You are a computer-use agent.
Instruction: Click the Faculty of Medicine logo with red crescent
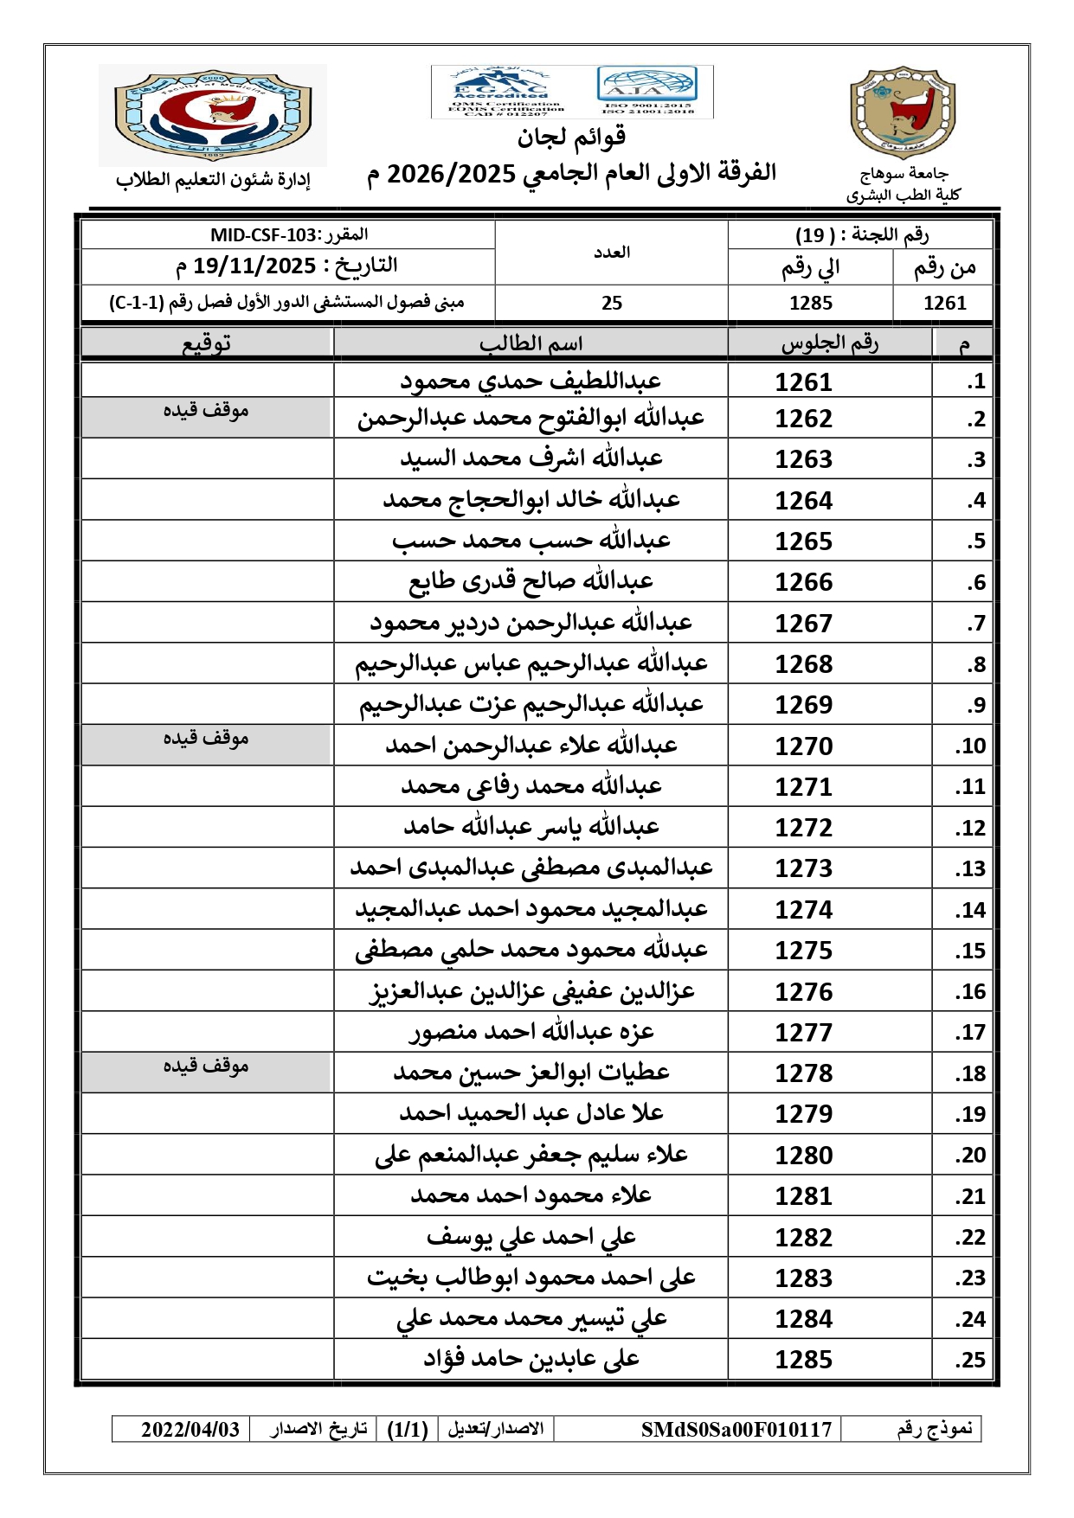coord(213,116)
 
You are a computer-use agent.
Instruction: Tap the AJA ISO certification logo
coord(646,91)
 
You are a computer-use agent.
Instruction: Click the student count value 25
coord(612,303)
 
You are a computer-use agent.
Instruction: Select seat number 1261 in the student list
coord(803,381)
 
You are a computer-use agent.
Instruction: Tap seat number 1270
coord(803,746)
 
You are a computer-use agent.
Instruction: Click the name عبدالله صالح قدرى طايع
coord(531,581)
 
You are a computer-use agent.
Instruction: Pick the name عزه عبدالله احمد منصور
coord(531,1032)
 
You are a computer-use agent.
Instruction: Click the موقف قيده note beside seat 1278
coord(206,1066)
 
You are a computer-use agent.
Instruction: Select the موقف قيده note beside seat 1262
coord(206,411)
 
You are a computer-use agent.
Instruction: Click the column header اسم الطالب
coord(531,343)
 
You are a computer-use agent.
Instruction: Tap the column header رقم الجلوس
coord(829,343)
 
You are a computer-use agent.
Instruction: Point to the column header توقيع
coord(206,343)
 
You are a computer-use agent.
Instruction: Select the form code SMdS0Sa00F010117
coord(736,1429)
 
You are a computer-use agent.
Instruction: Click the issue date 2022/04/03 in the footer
coord(190,1429)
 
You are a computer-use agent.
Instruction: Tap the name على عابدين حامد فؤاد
coord(531,1360)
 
